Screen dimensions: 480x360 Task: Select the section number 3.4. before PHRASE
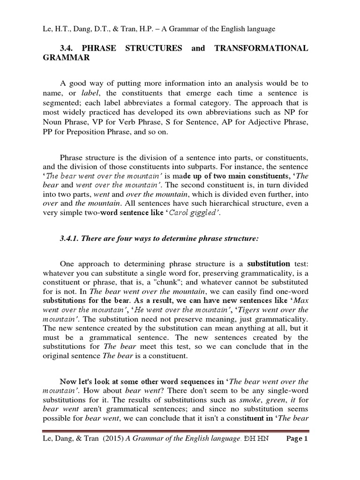[69, 48]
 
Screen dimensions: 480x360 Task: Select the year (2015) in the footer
[109, 452]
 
